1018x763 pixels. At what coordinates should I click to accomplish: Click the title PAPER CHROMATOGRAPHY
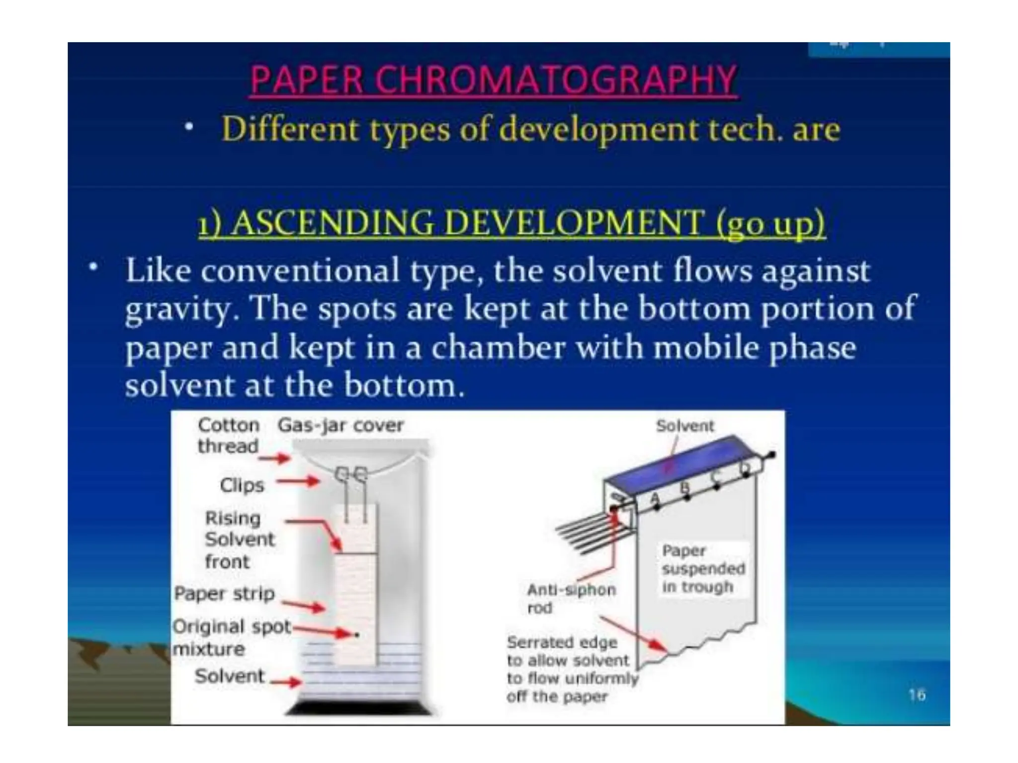[493, 79]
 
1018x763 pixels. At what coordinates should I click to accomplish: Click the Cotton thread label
[229, 436]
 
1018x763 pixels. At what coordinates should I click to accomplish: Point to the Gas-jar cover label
[340, 425]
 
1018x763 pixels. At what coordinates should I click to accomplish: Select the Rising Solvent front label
[239, 539]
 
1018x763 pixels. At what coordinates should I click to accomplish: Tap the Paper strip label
[224, 594]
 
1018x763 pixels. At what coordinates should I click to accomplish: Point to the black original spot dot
[357, 635]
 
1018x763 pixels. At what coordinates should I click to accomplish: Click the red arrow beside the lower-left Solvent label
[285, 682]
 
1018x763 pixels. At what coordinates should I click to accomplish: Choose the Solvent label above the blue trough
[685, 426]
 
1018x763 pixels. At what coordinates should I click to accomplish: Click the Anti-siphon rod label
[571, 598]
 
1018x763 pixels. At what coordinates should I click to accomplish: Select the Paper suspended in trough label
[703, 569]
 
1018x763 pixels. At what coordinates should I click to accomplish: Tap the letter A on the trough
[654, 498]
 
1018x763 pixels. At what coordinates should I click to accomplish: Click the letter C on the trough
[715, 476]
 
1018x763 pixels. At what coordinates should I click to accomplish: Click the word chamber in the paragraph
[498, 348]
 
